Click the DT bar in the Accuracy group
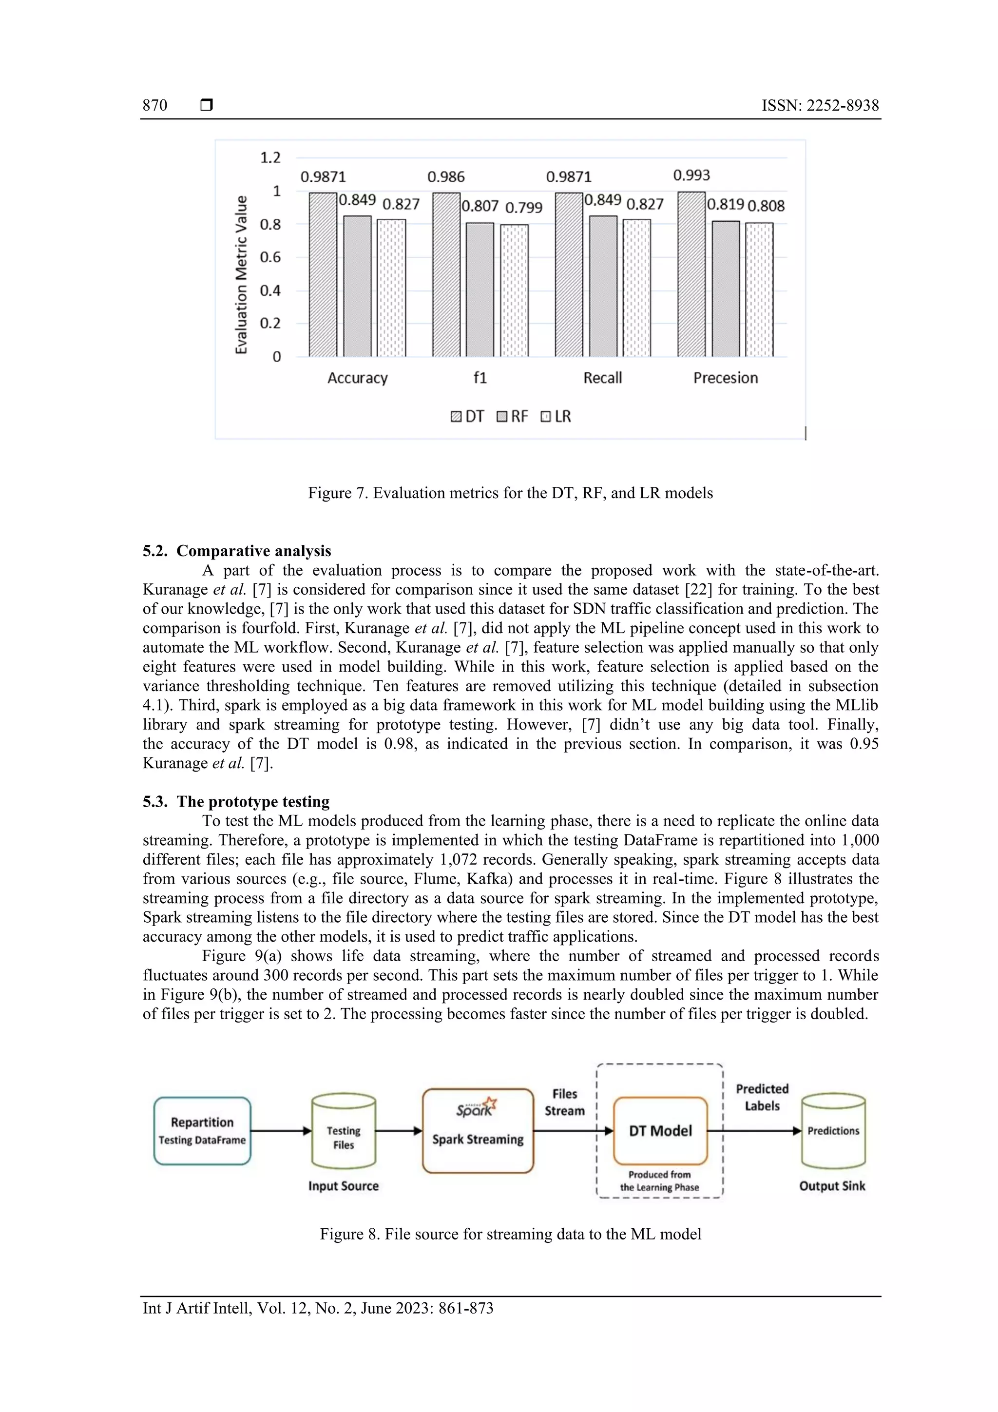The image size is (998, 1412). pyautogui.click(x=323, y=275)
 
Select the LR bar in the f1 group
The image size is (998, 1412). pyautogui.click(x=514, y=290)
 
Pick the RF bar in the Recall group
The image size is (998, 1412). pyautogui.click(x=603, y=286)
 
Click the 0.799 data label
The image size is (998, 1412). pyautogui.click(x=523, y=208)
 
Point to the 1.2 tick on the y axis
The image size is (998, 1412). pyautogui.click(x=270, y=158)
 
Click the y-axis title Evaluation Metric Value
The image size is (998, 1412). pyautogui.click(x=241, y=274)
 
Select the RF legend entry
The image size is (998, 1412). pyautogui.click(x=512, y=416)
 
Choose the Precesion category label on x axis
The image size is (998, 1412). pyautogui.click(x=726, y=378)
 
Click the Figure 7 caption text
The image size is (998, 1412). pyautogui.click(x=510, y=493)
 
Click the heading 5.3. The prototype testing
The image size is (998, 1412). pyautogui.click(x=236, y=801)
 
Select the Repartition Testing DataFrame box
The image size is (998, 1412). pyautogui.click(x=202, y=1130)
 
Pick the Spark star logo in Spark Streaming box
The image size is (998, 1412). pyautogui.click(x=489, y=1104)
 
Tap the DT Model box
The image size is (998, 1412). pyautogui.click(x=660, y=1130)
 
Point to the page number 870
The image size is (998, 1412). pyautogui.click(x=155, y=105)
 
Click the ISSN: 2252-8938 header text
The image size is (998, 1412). pyautogui.click(x=820, y=105)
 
